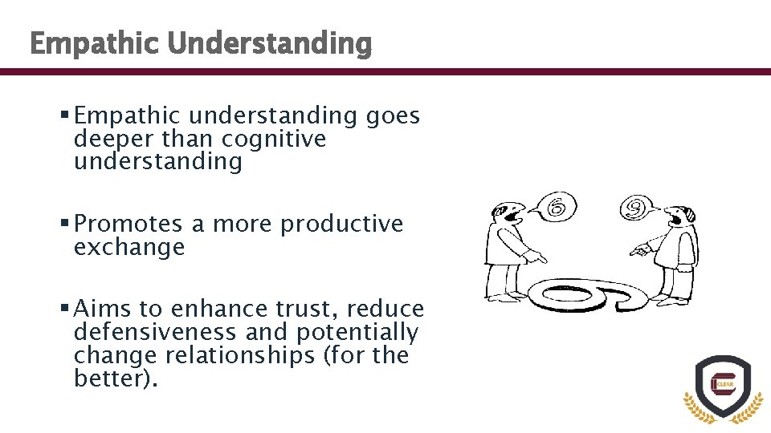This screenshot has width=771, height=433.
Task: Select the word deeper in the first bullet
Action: [x=113, y=139]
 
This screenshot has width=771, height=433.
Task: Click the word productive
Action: [x=341, y=224]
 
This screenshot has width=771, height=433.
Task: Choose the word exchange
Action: [x=128, y=247]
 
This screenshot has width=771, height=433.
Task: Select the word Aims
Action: [x=104, y=309]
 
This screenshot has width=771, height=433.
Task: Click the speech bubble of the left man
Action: [x=552, y=209]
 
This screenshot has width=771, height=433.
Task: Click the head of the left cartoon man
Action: [x=507, y=214]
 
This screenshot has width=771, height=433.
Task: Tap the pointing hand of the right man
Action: [x=639, y=251]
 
